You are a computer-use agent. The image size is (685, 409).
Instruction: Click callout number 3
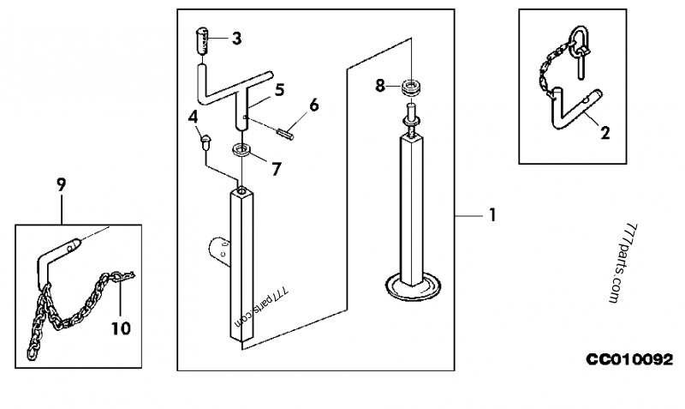(x=236, y=39)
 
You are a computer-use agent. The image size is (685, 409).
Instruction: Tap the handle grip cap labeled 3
(x=202, y=41)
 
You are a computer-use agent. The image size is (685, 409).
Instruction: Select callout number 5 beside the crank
(x=280, y=90)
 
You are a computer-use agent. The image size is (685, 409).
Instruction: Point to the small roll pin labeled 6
(x=285, y=134)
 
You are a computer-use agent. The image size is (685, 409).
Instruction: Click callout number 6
(x=314, y=105)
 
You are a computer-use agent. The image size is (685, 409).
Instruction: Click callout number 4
(x=193, y=117)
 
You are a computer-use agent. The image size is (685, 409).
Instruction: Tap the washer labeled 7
(x=241, y=149)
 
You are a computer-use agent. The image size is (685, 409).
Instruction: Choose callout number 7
(x=276, y=169)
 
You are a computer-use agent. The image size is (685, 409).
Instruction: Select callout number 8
(x=380, y=86)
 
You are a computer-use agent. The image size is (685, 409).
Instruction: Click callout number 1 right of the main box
(x=493, y=215)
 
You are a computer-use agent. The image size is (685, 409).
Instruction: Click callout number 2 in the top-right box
(x=605, y=133)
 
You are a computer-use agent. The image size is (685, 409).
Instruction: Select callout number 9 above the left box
(x=61, y=185)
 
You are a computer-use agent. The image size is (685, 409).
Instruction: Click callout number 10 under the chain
(x=121, y=328)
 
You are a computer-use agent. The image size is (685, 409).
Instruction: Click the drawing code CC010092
(x=629, y=359)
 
